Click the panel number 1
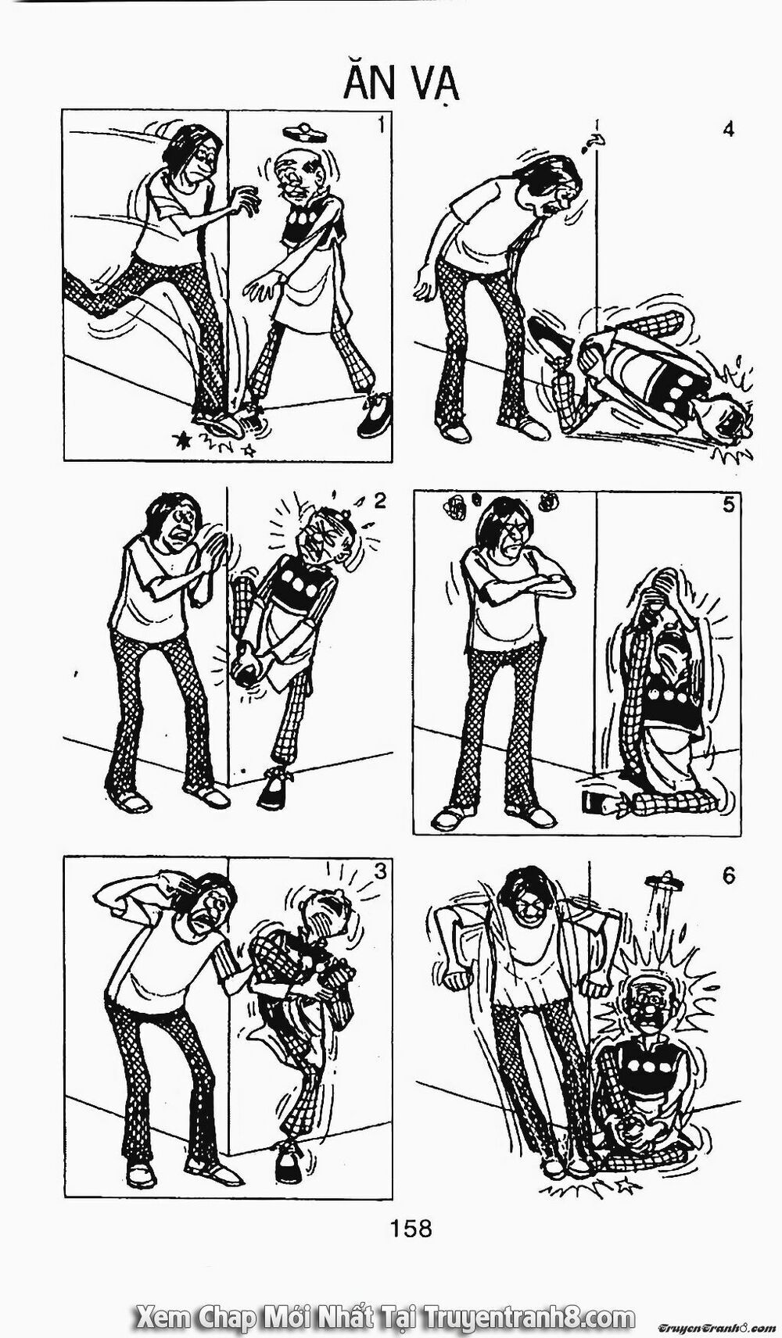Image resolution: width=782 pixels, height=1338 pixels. coord(381,124)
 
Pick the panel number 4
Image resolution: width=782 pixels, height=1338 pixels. coord(728,129)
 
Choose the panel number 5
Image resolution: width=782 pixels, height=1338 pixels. coord(728,505)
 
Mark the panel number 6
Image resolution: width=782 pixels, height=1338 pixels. coord(728,876)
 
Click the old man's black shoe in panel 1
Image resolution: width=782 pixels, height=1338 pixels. coord(375,420)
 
